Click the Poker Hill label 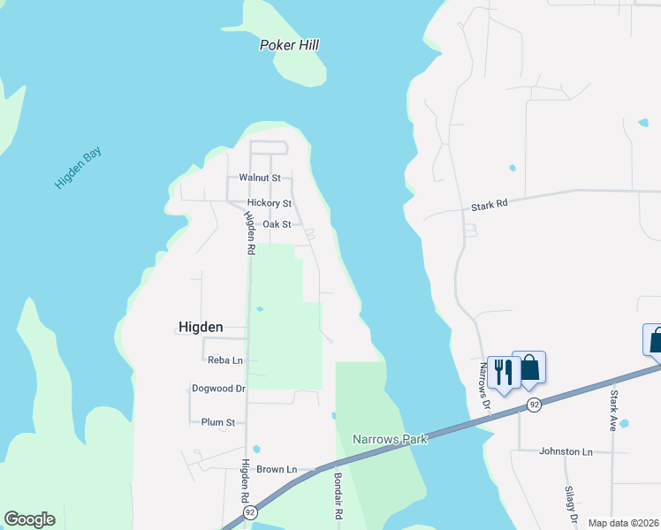pos(289,45)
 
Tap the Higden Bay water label pos(79,168)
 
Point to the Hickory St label pos(269,203)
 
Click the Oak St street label pos(277,224)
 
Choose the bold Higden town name pos(201,326)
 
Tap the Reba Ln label pos(224,360)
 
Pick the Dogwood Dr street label pos(218,388)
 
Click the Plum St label pos(218,422)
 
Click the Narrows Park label pos(390,439)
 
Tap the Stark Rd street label pos(489,204)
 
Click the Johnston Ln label pos(566,451)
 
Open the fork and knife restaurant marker pos(502,371)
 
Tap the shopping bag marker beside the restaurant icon pos(529,367)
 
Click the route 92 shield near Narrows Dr pos(534,404)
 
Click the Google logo pos(29,519)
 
